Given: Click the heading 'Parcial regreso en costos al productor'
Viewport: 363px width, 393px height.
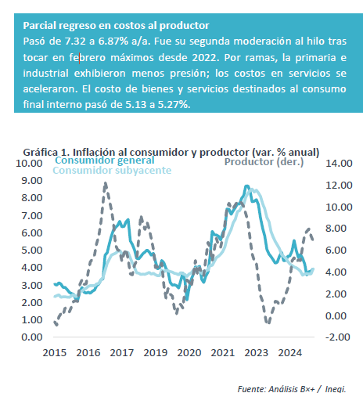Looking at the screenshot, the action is (x=116, y=26).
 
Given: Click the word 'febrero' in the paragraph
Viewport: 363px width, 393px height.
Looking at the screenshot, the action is (x=88, y=57).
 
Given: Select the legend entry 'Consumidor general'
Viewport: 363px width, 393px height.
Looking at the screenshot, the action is (x=105, y=160).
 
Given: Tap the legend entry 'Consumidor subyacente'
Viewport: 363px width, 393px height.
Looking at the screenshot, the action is (x=112, y=171).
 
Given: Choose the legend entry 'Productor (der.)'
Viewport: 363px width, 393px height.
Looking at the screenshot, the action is (x=264, y=162).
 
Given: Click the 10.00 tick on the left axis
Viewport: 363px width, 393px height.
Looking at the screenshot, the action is (x=29, y=164).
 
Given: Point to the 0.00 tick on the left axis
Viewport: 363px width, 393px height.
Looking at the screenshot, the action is (x=32, y=337).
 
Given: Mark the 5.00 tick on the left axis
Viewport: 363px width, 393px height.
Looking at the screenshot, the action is (x=32, y=251).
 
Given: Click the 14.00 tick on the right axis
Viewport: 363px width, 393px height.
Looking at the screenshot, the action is (x=339, y=164).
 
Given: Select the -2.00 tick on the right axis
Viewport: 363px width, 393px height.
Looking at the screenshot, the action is (x=338, y=337).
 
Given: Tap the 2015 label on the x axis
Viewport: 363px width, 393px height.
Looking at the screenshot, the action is (x=55, y=353).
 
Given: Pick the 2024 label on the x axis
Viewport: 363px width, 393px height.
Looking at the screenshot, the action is (x=290, y=353).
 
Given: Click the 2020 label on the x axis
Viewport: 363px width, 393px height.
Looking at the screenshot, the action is (x=189, y=353).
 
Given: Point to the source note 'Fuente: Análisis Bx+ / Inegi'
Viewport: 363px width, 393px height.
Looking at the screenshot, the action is (x=292, y=389).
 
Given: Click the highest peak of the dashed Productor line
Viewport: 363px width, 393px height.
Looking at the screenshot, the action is (x=106, y=183).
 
